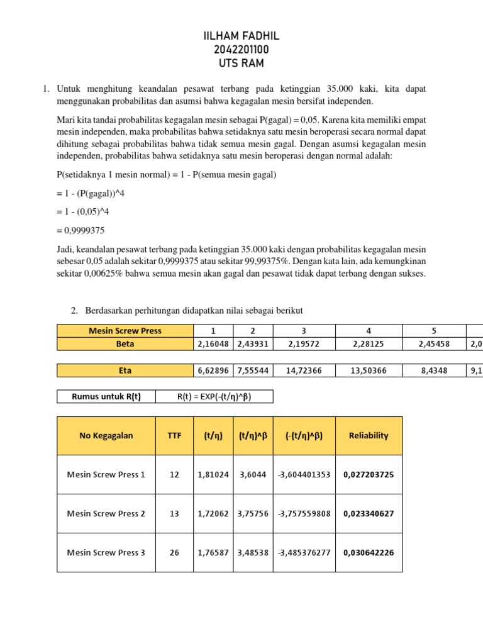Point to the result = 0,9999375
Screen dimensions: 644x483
[x=80, y=231]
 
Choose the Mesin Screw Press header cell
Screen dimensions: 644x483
[x=125, y=331]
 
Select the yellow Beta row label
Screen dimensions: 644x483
[x=125, y=344]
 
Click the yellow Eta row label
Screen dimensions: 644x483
[x=125, y=370]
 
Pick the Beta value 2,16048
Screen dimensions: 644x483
[x=213, y=344]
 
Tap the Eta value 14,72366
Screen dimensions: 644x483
[x=304, y=370]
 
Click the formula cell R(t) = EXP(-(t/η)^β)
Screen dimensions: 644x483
[x=215, y=396]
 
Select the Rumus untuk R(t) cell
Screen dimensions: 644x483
[x=106, y=396]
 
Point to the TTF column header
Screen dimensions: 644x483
[x=174, y=435]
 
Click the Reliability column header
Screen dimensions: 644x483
[x=369, y=435]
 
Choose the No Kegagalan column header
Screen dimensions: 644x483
[x=106, y=435]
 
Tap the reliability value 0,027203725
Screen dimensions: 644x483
[x=369, y=474]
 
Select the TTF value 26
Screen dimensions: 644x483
[x=174, y=552]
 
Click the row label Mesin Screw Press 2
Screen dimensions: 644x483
[x=106, y=513]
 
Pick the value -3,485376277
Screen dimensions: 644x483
[x=304, y=552]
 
